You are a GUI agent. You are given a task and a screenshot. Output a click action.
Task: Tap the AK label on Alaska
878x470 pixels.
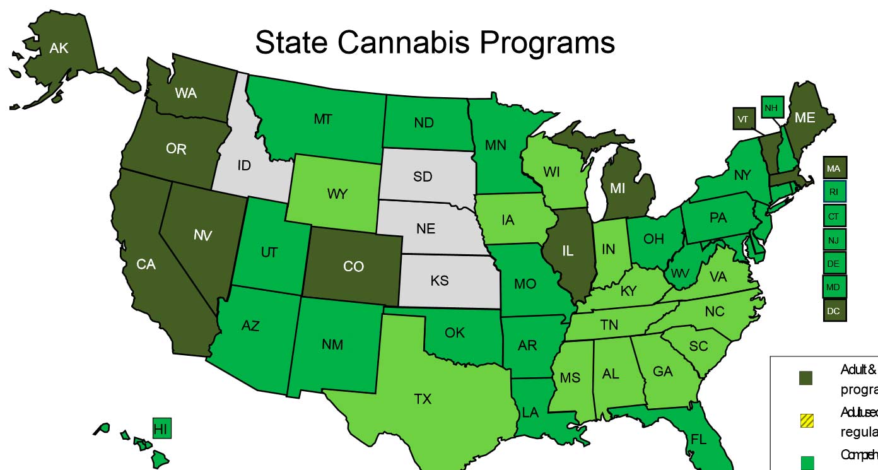coord(59,48)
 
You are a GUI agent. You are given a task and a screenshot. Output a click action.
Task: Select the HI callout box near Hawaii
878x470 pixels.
coord(162,428)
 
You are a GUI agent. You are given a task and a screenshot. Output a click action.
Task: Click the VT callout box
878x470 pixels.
coord(744,118)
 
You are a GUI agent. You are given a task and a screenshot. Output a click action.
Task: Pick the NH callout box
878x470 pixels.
coord(771,107)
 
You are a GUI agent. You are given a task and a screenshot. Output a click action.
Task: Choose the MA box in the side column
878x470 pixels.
coord(834,168)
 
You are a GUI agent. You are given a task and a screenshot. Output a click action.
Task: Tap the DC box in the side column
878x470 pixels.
coord(834,310)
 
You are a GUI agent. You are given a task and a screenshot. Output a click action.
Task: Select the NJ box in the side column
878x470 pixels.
coord(834,240)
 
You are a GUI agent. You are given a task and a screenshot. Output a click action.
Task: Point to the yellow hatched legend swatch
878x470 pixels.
coord(806,420)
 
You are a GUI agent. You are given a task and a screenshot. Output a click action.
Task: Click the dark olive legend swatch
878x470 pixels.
coord(806,378)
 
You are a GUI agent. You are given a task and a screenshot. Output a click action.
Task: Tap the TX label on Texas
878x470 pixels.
coord(423,399)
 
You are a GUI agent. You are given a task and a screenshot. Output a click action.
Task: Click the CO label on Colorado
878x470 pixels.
coord(353,267)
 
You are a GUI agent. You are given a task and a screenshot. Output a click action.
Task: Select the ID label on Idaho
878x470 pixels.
coord(244,166)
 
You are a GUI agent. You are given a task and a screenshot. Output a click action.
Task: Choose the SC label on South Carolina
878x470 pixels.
coord(698,346)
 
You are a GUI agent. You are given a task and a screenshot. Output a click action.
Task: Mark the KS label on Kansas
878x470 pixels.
coord(440,280)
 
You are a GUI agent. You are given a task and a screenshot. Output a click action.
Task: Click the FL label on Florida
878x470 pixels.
coord(698,439)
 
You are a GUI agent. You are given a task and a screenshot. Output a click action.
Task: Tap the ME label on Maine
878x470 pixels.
coord(805,117)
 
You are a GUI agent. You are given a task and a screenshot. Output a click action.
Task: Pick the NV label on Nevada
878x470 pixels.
coord(203,235)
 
